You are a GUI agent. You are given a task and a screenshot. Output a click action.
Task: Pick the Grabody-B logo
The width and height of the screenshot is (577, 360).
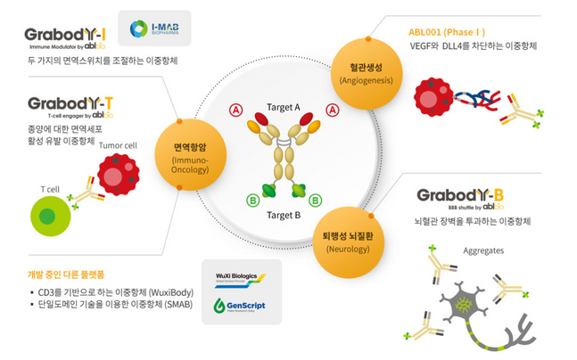(461, 197)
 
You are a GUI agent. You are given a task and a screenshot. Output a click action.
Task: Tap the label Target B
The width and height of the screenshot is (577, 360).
(284, 215)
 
